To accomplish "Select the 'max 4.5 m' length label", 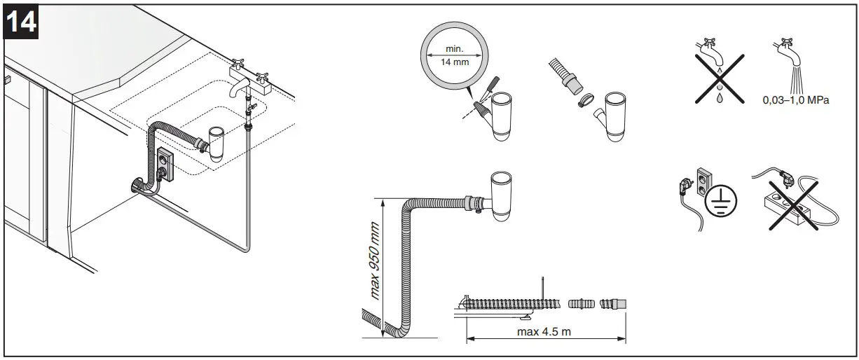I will pyautogui.click(x=544, y=331).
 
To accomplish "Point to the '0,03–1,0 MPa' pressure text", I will pyautogui.click(x=795, y=100).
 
